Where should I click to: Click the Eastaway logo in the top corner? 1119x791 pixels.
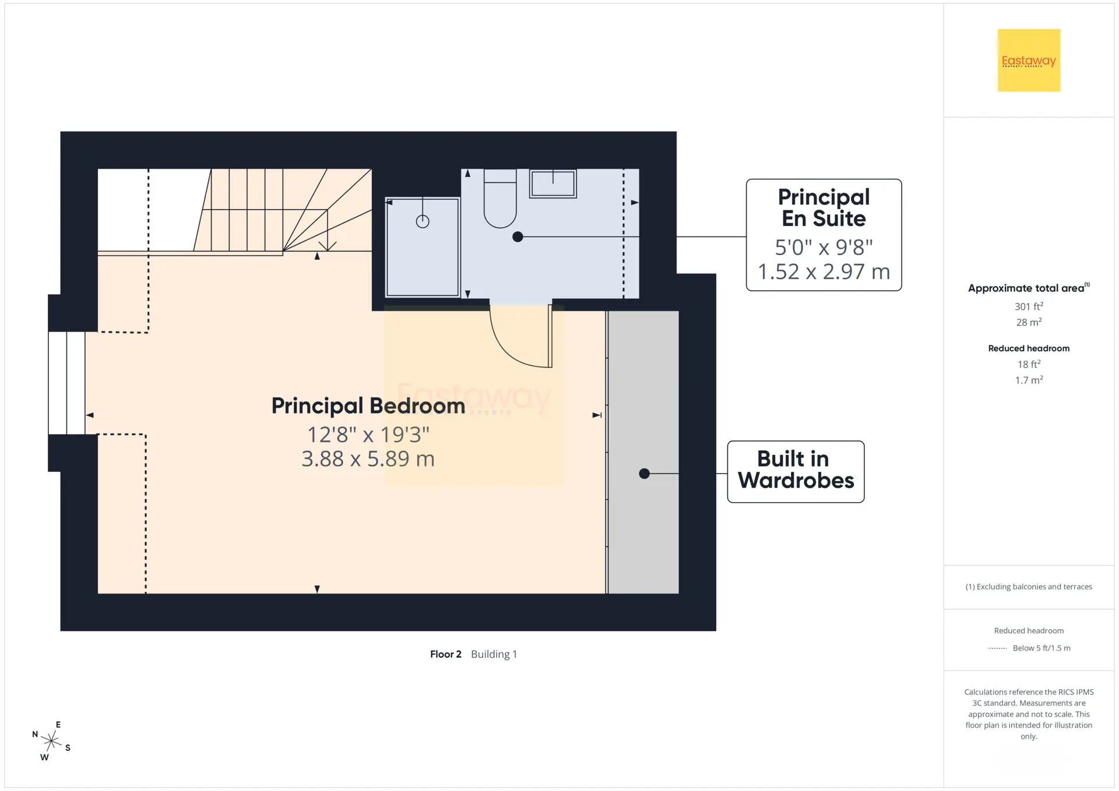[x=1029, y=60]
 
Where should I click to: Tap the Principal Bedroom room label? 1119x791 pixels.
[x=368, y=406]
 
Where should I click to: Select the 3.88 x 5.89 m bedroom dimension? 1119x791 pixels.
[x=368, y=459]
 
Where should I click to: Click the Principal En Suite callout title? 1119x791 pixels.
[x=824, y=207]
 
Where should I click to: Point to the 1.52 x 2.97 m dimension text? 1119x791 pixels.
[x=824, y=271]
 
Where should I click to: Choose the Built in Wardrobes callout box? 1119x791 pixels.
[x=796, y=472]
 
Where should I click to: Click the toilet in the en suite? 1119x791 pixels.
[x=500, y=198]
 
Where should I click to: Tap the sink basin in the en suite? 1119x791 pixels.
[x=553, y=183]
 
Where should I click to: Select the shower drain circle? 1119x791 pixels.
[x=423, y=221]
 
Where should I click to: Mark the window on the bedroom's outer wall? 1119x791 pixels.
[x=66, y=383]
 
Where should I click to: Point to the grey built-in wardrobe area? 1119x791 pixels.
[x=643, y=452]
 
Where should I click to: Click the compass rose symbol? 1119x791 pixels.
[x=51, y=741]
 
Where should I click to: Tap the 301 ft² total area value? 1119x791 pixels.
[x=1029, y=306]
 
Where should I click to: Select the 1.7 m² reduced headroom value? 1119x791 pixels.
[x=1029, y=380]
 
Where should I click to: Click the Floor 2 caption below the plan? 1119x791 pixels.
[x=446, y=654]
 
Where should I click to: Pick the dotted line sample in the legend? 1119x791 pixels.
[x=997, y=648]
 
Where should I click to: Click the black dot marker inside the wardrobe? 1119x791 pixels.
[x=644, y=474]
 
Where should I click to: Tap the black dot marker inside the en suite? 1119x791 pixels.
[x=518, y=237]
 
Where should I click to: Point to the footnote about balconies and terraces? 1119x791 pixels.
[x=1029, y=587]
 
